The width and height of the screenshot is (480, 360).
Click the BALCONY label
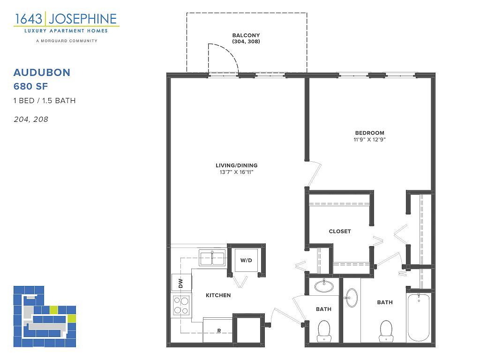click(246, 35)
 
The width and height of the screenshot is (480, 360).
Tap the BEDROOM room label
click(369, 133)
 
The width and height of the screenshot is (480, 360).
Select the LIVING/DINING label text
click(236, 165)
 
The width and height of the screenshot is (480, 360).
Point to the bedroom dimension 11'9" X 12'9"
click(369, 140)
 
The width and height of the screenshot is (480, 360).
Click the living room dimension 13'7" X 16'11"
click(236, 172)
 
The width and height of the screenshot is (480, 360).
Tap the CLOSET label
click(340, 232)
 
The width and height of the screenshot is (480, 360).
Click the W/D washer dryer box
click(246, 260)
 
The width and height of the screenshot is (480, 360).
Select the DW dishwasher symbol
click(181, 283)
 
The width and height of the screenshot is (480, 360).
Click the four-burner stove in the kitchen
click(181, 306)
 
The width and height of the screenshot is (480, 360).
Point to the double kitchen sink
click(212, 258)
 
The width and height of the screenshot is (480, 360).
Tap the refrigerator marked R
click(217, 330)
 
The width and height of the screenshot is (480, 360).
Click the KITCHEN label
click(218, 295)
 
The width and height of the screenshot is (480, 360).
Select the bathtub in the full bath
click(419, 317)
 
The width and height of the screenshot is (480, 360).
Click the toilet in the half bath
click(324, 331)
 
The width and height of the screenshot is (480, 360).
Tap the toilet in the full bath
click(386, 331)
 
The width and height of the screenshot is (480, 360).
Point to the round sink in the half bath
click(324, 285)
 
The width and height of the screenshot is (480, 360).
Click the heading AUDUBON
click(42, 73)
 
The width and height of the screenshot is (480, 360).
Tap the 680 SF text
click(30, 86)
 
